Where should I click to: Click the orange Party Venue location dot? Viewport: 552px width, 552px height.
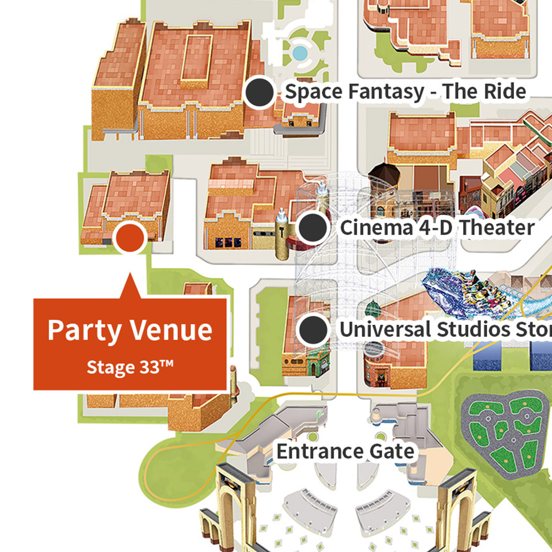click(x=130, y=237)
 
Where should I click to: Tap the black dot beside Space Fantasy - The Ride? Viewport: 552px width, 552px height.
click(x=259, y=92)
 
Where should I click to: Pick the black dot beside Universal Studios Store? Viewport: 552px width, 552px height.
click(x=313, y=330)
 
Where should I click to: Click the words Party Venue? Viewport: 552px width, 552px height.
click(x=130, y=330)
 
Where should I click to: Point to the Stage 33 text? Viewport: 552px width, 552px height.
click(x=130, y=368)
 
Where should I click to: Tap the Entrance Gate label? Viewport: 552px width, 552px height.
click(x=345, y=452)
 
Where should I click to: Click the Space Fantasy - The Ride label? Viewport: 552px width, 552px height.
click(x=406, y=92)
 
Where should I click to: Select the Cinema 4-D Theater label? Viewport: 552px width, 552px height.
click(x=437, y=228)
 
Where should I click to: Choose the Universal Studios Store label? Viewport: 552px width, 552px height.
click(x=445, y=330)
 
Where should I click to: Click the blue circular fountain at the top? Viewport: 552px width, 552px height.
click(x=300, y=53)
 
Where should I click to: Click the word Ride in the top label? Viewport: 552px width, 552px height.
click(x=505, y=92)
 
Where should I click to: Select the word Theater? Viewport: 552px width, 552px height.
click(x=497, y=228)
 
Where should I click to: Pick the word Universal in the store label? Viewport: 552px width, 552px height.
click(x=386, y=330)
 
